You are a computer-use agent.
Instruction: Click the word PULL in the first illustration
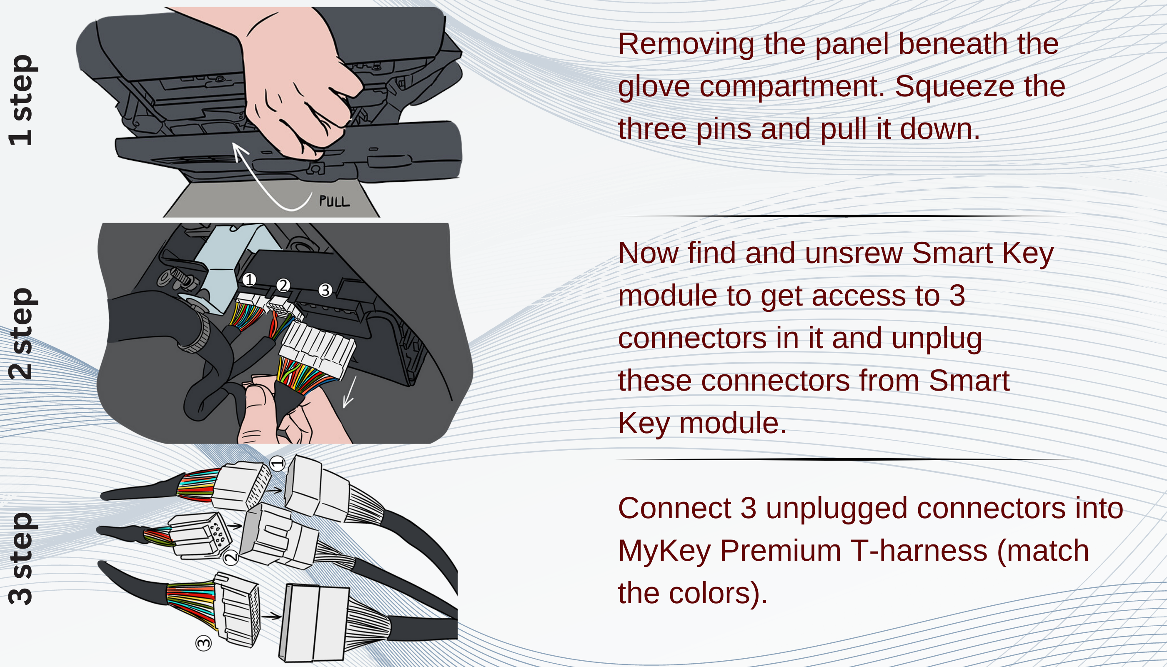pos(334,201)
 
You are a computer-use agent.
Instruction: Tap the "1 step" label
pos(21,100)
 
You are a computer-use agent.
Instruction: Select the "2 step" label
pos(21,333)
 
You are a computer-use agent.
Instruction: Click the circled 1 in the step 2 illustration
pos(249,279)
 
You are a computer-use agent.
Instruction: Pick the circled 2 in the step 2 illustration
pos(283,286)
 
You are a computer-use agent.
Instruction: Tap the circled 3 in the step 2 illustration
pos(325,290)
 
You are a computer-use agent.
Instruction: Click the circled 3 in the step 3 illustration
pos(203,643)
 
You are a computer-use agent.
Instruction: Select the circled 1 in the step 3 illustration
pos(277,463)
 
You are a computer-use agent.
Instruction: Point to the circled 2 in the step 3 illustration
pos(231,557)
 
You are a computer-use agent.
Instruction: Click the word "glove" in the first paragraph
pos(654,87)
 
